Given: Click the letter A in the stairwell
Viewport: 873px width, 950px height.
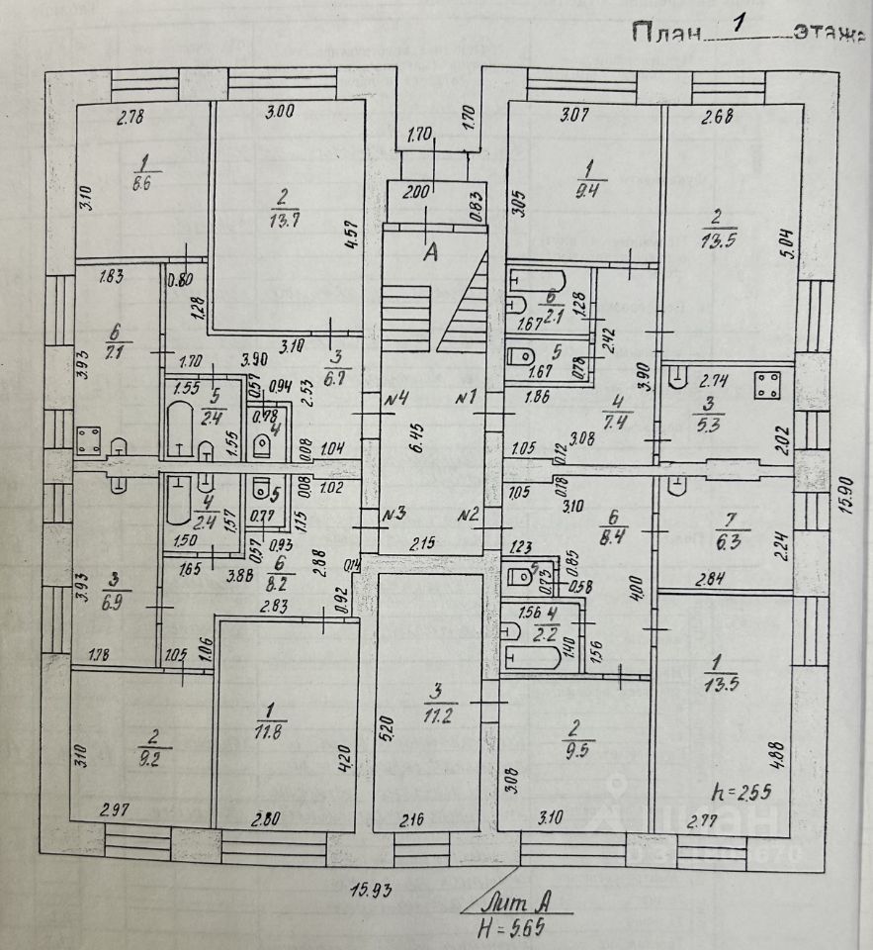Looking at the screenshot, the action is [x=430, y=252].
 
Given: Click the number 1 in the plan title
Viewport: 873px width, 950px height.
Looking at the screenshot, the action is [x=736, y=27].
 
